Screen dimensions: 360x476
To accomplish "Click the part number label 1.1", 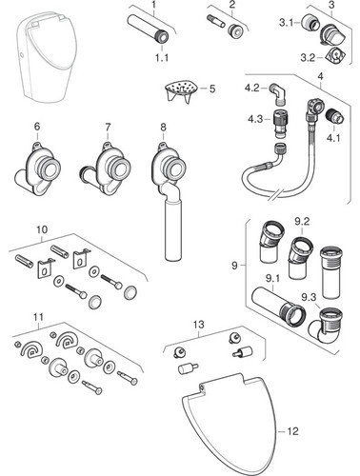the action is [x=162, y=58].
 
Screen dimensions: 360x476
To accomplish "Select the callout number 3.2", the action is [x=308, y=58].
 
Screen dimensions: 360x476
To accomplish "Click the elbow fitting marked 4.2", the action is [x=278, y=95].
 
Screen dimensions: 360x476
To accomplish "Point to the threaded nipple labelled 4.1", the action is [x=335, y=119].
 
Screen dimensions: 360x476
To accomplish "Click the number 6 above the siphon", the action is [x=37, y=127].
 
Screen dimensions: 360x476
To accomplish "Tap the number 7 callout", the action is [x=108, y=128].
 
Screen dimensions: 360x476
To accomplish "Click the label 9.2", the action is [x=302, y=222].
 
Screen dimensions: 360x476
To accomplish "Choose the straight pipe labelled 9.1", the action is [x=278, y=306].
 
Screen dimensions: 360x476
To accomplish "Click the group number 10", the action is [x=42, y=229].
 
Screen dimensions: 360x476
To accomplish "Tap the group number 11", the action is [x=39, y=317].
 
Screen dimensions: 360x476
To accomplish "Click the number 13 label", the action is [x=199, y=325].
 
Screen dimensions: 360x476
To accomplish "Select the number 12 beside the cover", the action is [x=292, y=431].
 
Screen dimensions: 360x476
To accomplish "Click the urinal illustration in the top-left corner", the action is [x=47, y=55].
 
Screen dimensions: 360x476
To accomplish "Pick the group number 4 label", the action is [x=320, y=76].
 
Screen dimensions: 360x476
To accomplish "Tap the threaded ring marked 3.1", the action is [x=310, y=24].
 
